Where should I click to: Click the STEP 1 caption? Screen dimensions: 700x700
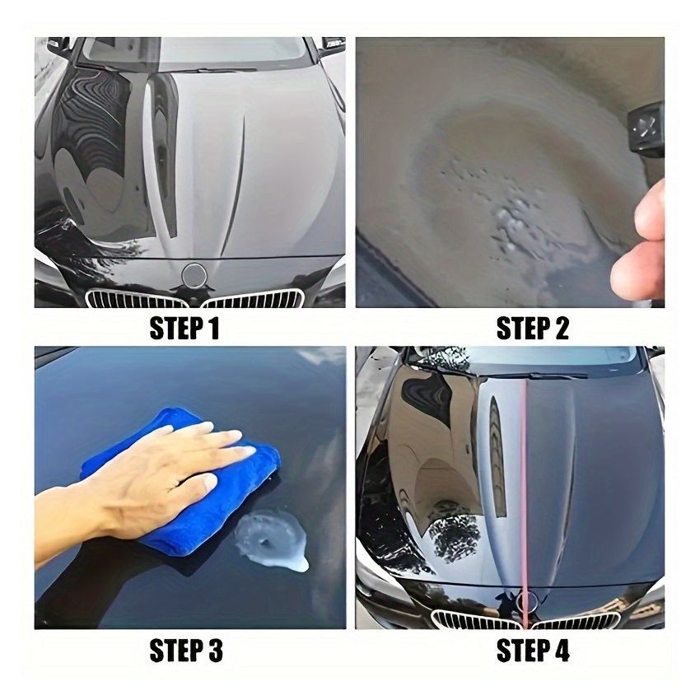coord(185,329)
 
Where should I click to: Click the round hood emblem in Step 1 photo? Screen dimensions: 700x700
coord(195,274)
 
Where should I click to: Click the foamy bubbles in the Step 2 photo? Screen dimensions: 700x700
coord(502,206)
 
